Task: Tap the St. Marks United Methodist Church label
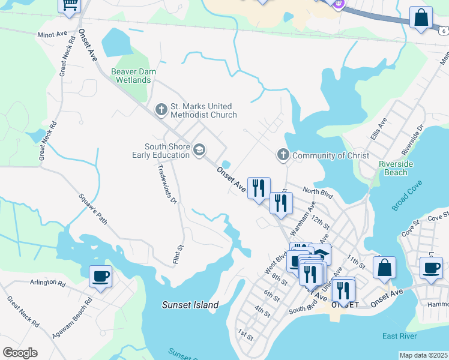(203, 110)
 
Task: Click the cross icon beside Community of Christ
(283, 155)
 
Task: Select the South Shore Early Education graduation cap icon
(199, 149)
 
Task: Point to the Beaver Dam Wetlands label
(134, 76)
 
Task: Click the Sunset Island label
(190, 305)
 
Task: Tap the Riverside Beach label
(393, 168)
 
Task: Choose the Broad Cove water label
(406, 197)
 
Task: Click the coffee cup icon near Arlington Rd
(100, 277)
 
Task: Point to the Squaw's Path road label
(94, 209)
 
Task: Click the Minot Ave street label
(52, 35)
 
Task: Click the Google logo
(20, 352)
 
